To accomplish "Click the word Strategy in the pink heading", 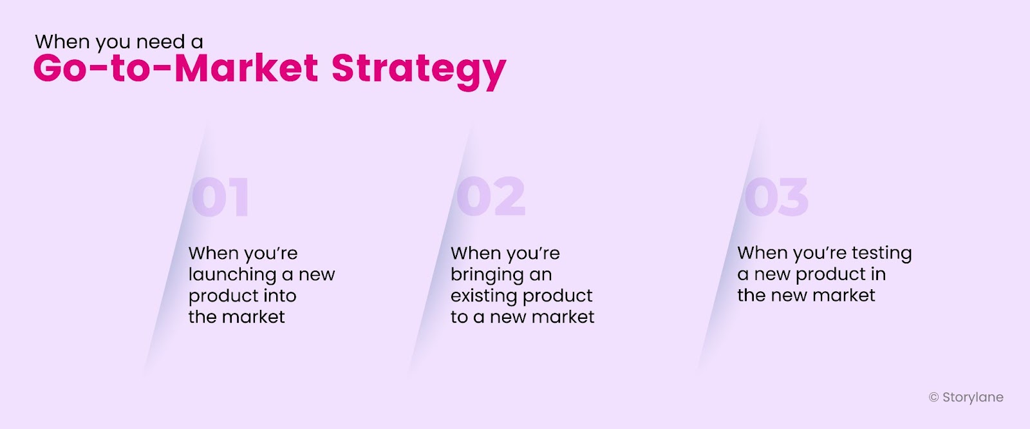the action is (419, 70).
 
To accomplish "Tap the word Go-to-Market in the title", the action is (176, 68).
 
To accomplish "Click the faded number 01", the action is (221, 197).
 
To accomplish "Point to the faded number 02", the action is (491, 196).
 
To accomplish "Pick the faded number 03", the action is (776, 197).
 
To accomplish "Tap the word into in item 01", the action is (280, 296).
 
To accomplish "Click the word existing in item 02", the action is (483, 296).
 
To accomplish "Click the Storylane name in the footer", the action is (973, 397).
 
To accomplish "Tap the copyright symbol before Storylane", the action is (933, 397).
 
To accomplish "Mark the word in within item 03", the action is (878, 274).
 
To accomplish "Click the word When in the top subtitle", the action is (62, 42).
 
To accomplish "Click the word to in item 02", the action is (459, 317).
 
